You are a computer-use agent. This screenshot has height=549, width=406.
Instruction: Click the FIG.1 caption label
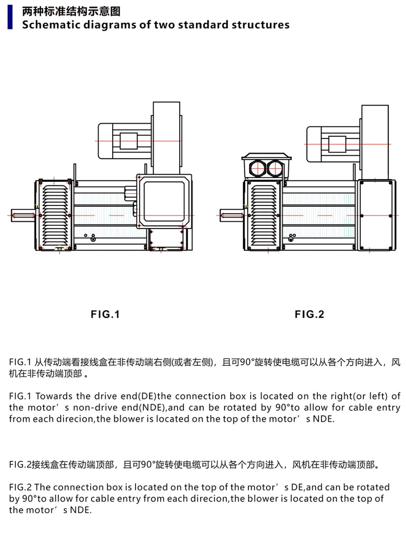tap(105, 314)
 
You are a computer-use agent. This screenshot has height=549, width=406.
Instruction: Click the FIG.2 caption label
tap(309, 314)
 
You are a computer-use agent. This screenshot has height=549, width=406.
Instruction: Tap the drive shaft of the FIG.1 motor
tap(23, 215)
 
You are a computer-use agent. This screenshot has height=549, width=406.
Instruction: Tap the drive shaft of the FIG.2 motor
tap(232, 215)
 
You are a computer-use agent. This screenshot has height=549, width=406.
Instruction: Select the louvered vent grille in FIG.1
tap(55, 215)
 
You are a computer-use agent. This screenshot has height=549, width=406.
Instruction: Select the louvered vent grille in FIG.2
tap(263, 215)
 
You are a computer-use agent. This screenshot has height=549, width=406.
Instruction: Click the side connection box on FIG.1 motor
tap(164, 201)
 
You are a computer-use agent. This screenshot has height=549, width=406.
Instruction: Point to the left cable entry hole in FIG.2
tap(257, 169)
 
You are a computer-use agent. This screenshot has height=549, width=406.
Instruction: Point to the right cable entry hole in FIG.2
tap(275, 169)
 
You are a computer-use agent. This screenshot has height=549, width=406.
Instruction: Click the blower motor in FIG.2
tap(332, 144)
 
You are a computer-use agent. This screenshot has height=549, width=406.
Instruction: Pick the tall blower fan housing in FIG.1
tap(166, 137)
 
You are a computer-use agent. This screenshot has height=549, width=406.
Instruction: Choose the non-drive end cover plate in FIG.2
tap(376, 215)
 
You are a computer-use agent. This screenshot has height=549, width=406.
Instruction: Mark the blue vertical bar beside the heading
tap(10, 17)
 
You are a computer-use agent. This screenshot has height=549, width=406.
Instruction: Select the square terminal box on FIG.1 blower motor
tap(129, 141)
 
